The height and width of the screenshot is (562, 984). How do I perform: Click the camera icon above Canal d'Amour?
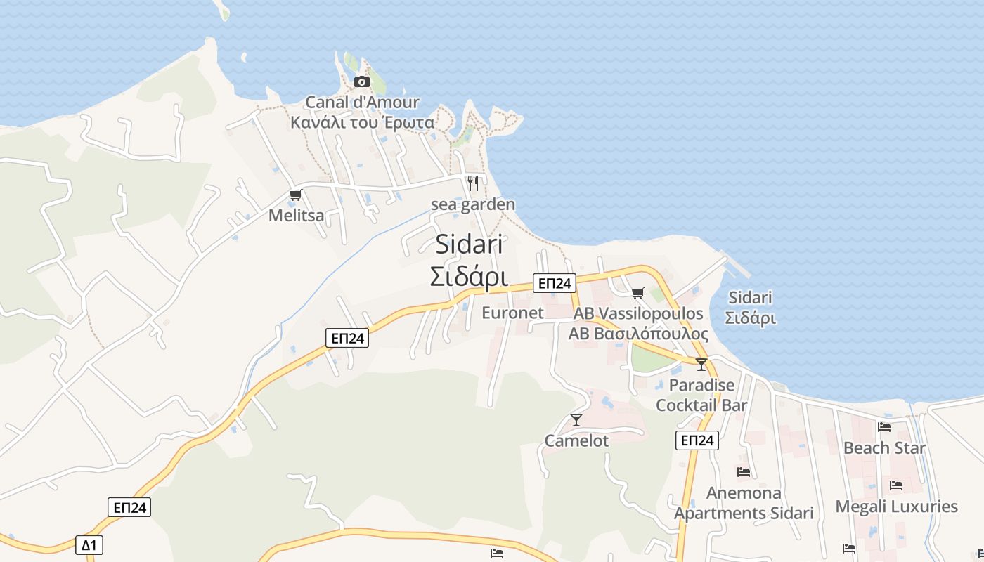361,81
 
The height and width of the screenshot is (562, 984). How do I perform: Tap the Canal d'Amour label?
362,103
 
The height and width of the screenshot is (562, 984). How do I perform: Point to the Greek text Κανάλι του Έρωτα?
362,122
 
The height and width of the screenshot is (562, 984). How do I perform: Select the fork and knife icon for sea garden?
473,183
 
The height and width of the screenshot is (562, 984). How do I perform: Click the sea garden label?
473,204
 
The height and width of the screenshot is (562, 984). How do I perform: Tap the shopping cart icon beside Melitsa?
295,195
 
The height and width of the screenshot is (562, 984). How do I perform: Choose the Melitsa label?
296,216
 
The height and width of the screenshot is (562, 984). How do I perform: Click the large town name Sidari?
469,244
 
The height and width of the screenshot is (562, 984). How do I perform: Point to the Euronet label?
512,313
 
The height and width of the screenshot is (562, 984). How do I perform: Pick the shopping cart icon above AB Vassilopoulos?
637,293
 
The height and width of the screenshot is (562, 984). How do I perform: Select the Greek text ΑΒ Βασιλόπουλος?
638,334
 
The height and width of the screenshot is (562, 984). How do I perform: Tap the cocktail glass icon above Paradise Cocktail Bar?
701,364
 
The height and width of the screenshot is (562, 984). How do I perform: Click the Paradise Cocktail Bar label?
701,395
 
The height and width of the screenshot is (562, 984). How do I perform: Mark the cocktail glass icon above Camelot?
576,420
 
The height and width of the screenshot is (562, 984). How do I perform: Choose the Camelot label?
576,441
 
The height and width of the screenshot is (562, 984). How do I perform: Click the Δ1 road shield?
89,545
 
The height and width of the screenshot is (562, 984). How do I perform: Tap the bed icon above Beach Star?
884,427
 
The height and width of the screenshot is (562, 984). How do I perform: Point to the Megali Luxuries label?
896,507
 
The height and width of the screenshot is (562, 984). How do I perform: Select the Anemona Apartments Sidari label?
744,503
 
